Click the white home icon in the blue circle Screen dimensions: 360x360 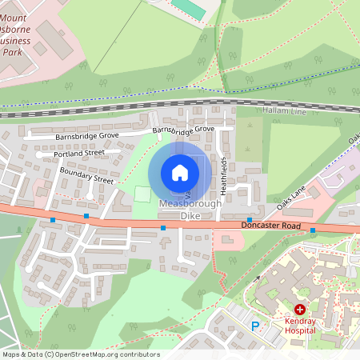pyautogui.click(x=180, y=173)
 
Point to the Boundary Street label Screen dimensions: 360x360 pyautogui.click(x=86, y=176)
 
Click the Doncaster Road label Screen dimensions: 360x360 pyautogui.click(x=271, y=226)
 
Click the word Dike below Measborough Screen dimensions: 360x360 pyautogui.click(x=189, y=216)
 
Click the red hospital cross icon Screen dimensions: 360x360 pyautogui.click(x=300, y=309)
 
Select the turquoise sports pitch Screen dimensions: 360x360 pyautogui.click(x=186, y=7)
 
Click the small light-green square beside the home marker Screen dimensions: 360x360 pyautogui.click(x=142, y=194)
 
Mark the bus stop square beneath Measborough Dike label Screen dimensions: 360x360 pyautogui.click(x=163, y=228)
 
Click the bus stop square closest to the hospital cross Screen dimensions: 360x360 pyautogui.click(x=313, y=230)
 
